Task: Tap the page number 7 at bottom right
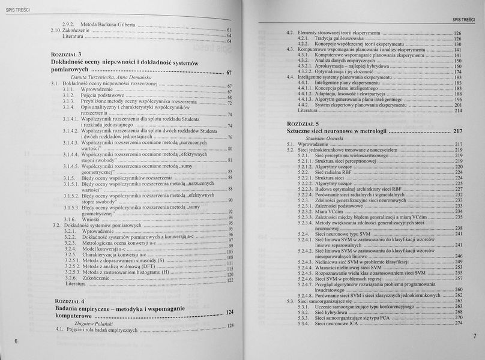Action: (474, 335)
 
